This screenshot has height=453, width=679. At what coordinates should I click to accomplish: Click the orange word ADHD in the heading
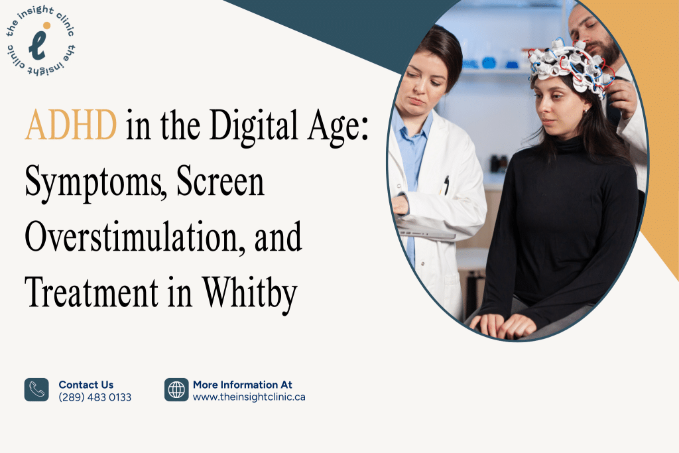71,125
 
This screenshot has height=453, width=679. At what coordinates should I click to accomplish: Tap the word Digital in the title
240,125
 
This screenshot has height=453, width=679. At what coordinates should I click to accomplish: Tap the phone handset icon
36,390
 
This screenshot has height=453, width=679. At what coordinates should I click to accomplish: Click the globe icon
176,390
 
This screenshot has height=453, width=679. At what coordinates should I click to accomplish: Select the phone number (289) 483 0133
95,397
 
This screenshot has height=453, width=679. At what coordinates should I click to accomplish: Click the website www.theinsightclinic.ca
249,397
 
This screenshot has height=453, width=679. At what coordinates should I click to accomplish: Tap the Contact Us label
86,385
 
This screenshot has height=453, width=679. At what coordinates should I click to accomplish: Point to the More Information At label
242,385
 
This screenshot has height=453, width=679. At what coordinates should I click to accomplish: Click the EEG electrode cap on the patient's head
570,67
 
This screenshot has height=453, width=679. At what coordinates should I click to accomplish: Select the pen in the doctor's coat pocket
446,185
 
